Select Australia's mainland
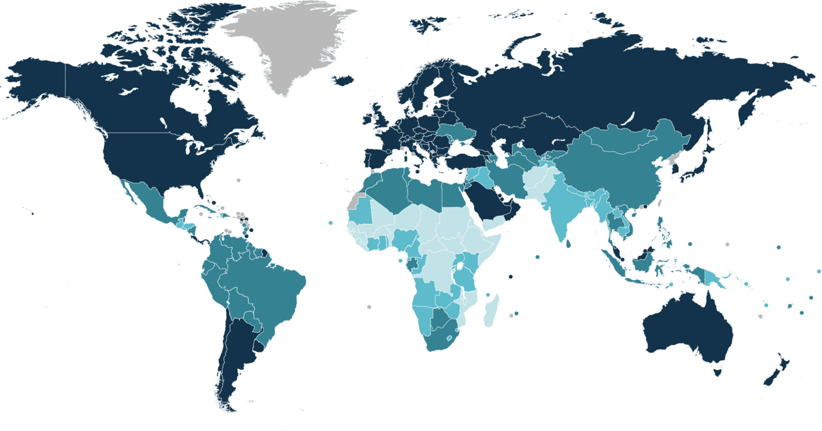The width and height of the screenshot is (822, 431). [x=687, y=328]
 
